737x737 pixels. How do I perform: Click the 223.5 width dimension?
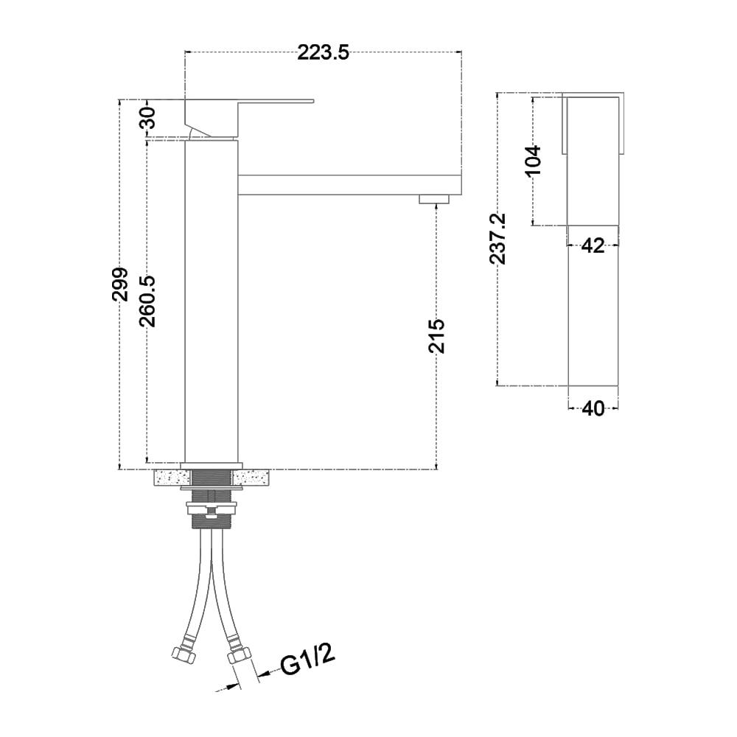point(324,53)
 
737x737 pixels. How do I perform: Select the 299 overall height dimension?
point(120,284)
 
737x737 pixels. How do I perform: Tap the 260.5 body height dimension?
point(147,301)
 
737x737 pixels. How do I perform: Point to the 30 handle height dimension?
point(148,118)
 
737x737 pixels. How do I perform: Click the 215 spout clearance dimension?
point(436,336)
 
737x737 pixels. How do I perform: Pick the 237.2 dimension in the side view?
point(497,239)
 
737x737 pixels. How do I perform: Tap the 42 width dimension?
point(593,245)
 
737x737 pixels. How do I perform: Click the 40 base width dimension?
point(593,408)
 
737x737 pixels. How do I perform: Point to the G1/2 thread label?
point(308,660)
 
